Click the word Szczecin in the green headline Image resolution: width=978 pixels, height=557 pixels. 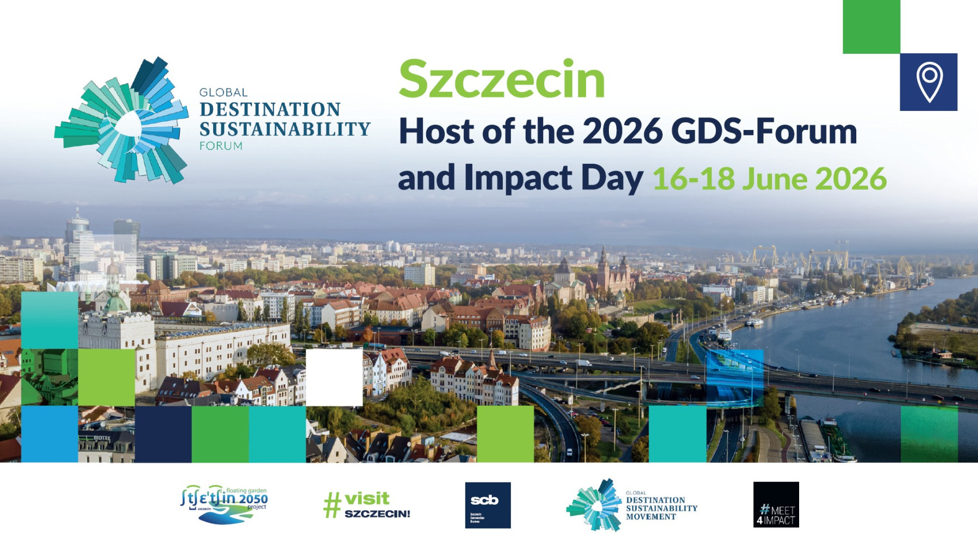tap(501, 80)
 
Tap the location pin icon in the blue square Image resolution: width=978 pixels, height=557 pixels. tap(929, 82)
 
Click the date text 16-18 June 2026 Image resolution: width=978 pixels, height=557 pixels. tap(769, 179)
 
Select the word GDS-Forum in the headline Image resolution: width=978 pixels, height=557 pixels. tap(763, 132)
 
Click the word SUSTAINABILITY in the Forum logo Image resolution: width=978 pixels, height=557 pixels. tap(284, 129)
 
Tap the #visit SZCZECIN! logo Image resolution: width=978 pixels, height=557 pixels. tap(367, 505)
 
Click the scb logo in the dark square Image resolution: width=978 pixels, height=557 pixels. tap(488, 505)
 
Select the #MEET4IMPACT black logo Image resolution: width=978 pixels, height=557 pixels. tap(776, 505)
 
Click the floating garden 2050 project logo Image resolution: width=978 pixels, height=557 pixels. tap(224, 504)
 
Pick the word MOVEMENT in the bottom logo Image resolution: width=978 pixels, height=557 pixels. tap(650, 517)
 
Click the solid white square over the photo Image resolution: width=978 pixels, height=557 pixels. tap(334, 377)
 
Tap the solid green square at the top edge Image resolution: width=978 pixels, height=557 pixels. tap(871, 26)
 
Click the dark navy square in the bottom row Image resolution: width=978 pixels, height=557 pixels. tap(163, 434)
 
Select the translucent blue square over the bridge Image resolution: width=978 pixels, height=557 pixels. tap(734, 375)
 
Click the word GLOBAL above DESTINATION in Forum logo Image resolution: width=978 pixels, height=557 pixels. tap(223, 92)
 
